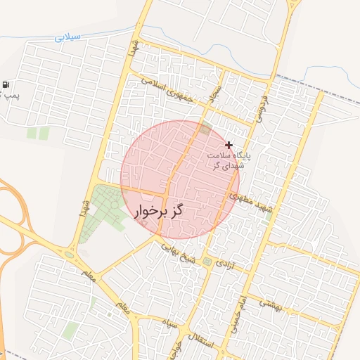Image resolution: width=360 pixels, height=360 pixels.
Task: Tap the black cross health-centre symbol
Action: click(229, 144)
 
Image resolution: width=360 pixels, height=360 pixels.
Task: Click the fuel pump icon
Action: click(6, 85)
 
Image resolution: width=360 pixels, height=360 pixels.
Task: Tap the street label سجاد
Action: click(215, 91)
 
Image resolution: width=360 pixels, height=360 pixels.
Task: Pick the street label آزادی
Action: click(221, 264)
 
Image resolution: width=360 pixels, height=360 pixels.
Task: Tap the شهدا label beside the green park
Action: click(84, 210)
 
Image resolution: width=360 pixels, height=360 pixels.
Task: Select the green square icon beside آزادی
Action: click(207, 262)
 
